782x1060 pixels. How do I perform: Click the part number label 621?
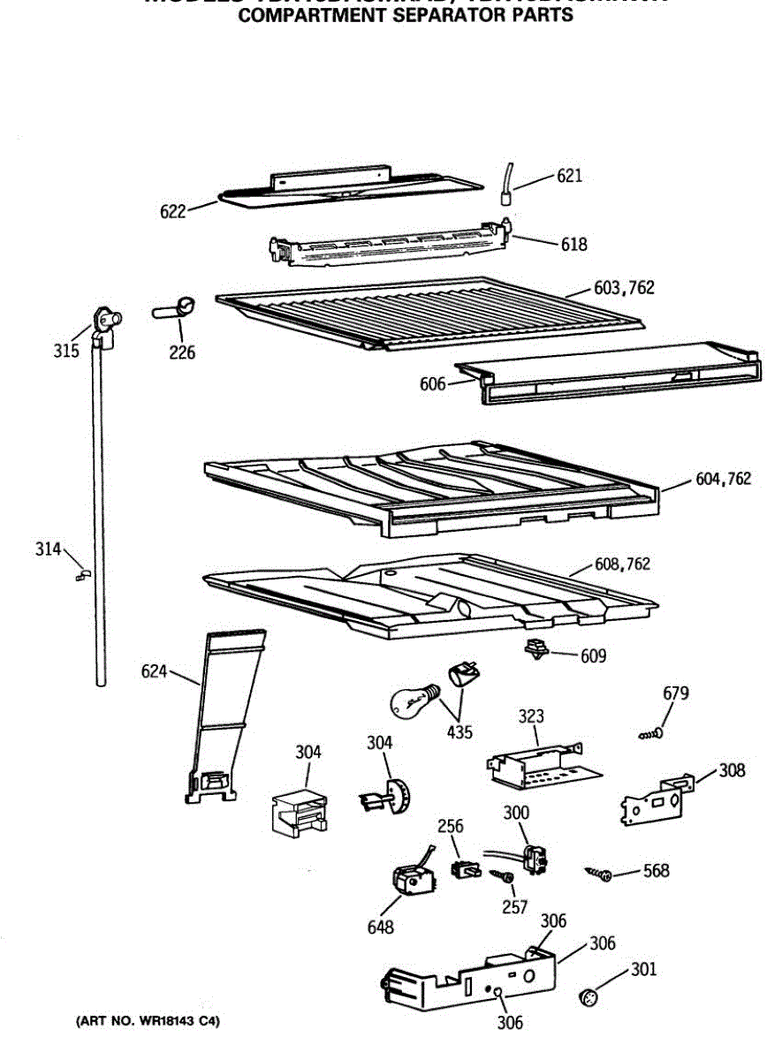pos(569,176)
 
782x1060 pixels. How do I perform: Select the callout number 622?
pos(173,211)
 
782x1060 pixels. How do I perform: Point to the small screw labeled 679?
pos(652,733)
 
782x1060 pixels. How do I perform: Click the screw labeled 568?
pos(600,874)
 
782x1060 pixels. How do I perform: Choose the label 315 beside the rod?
pos(65,350)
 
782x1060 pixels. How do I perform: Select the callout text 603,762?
pos(624,287)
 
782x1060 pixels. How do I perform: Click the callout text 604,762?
pos(722,479)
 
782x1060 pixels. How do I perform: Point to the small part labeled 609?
pos(535,649)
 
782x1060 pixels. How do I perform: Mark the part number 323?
pos(532,716)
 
